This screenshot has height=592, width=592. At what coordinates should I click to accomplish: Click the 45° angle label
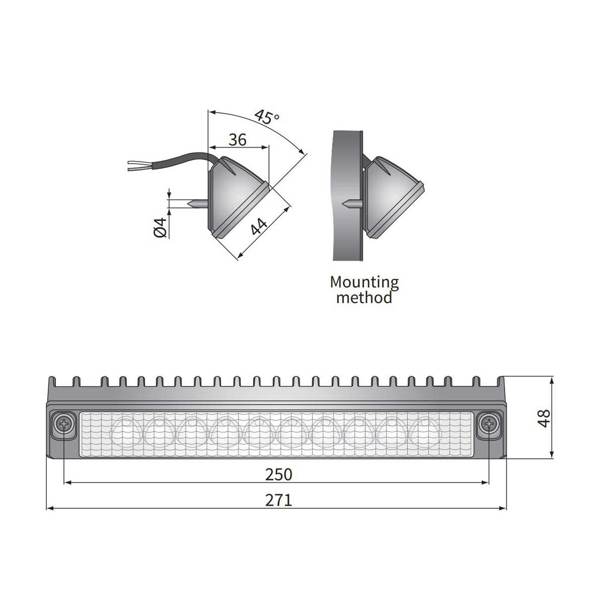(266, 117)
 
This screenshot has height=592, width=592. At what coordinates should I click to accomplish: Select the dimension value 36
(238, 140)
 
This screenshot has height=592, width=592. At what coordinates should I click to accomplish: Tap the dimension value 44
(258, 226)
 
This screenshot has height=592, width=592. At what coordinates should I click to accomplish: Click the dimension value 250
(278, 475)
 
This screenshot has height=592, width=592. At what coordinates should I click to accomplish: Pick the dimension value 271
(278, 500)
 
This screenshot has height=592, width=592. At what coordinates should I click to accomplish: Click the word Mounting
(364, 282)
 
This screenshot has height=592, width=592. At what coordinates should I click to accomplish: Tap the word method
(364, 298)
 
